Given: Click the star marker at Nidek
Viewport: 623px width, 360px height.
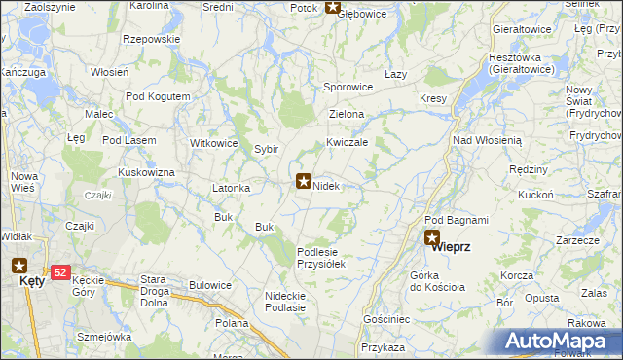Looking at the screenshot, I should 303,181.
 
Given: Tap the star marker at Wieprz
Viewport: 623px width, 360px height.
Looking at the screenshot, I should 432,236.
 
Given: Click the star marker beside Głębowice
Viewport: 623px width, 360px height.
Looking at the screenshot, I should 333,8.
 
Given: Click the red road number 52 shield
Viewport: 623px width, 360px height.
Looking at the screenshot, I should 60,273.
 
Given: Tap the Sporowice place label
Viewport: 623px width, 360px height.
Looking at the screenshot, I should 348,87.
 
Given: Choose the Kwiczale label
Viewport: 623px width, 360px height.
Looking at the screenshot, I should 347,142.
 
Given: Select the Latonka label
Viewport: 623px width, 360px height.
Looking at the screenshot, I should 232,188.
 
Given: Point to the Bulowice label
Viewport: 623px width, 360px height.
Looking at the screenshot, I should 210,285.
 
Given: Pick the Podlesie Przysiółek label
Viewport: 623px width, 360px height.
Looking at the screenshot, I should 322,257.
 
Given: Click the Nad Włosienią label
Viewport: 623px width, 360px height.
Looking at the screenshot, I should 488,140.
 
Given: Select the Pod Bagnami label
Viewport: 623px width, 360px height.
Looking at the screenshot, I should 456,220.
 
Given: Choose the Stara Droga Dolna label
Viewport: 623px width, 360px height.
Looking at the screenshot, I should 161,285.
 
